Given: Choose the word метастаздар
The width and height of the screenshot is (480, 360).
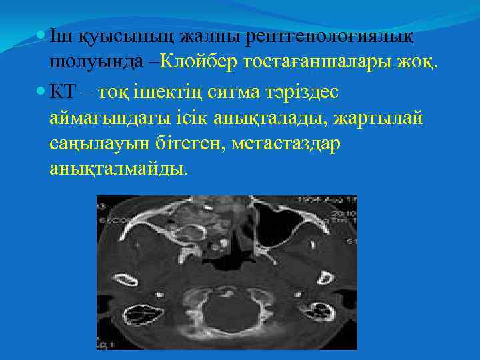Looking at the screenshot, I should tap(286, 143).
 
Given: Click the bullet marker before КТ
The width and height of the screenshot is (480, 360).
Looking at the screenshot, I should tap(41, 91).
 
